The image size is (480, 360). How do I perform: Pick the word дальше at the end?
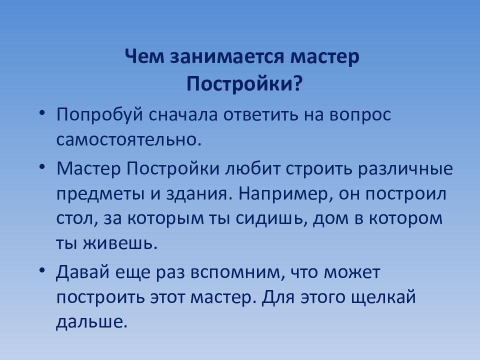point(88,322)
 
